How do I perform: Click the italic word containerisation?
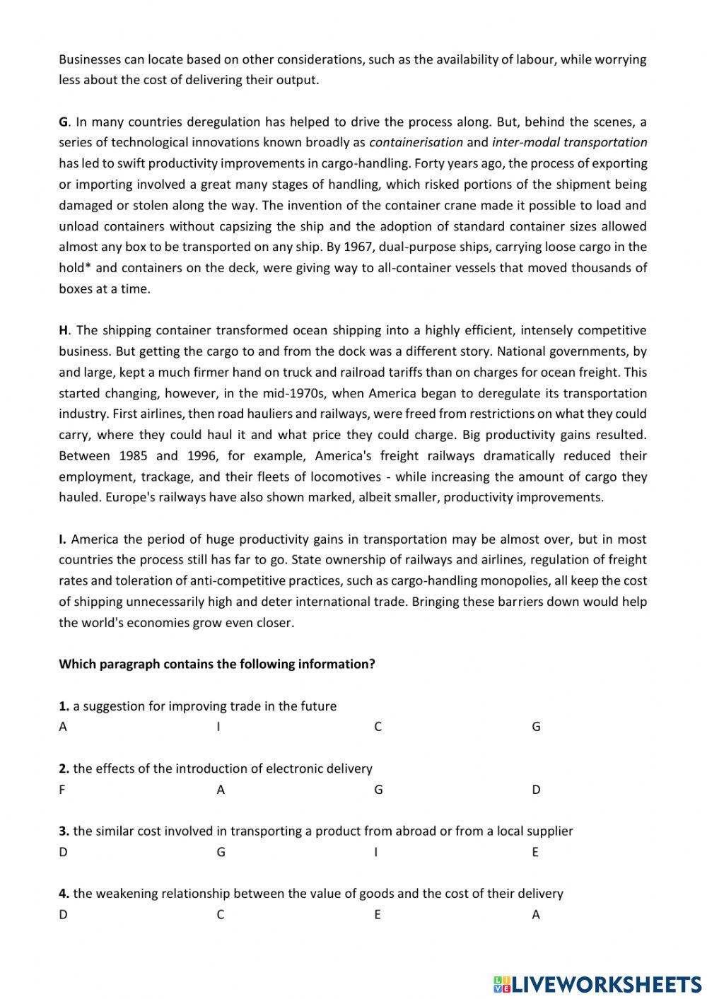416,142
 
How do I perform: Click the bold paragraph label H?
64,330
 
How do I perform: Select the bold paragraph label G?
64,122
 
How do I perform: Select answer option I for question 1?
218,727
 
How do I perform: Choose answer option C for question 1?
378,727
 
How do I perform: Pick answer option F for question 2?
62,790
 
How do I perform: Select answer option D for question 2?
536,790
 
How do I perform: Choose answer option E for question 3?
535,852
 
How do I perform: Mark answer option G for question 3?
221,852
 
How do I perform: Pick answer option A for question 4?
536,915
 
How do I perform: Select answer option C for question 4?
221,915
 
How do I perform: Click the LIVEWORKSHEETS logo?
597,983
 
